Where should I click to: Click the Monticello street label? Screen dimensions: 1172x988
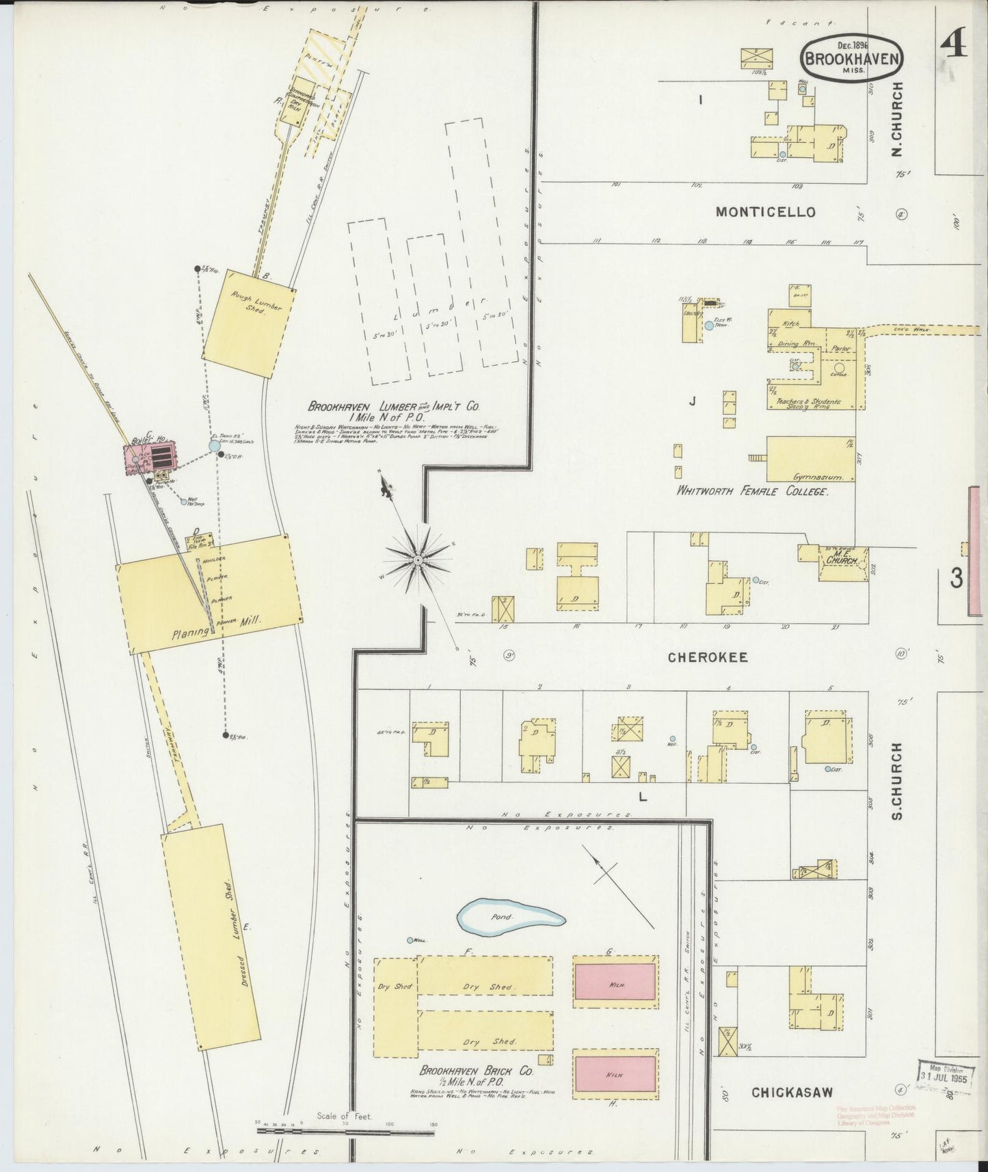765,212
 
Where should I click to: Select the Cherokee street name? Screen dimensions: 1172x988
708,657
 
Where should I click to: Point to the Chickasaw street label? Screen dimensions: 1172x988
792,1092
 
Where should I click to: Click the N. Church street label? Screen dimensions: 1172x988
897,120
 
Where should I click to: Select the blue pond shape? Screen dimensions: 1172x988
510,916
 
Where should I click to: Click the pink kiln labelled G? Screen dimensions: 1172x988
615,983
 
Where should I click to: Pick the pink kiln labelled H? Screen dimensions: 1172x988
615,1074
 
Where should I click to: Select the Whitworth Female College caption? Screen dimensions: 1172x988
752,492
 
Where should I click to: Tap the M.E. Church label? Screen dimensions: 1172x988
842,559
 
